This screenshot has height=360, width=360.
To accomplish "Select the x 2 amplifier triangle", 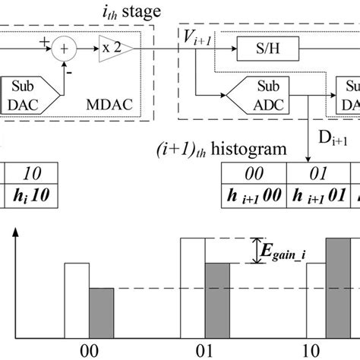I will (115, 51).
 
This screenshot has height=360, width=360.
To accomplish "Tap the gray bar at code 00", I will (101, 312).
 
